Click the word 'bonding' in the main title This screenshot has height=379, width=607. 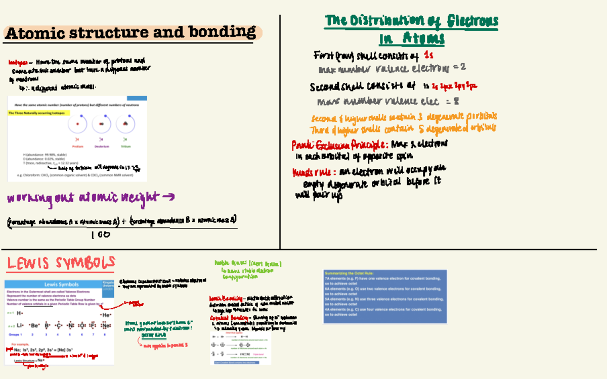click(x=226, y=32)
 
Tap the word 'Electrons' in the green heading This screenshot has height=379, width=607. click(x=472, y=21)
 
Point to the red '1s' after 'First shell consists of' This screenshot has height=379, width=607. click(x=428, y=55)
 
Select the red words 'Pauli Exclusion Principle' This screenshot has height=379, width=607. click(x=339, y=145)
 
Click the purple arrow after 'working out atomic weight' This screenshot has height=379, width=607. click(x=169, y=197)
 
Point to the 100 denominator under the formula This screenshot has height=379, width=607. click(x=101, y=234)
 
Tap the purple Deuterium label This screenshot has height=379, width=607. click(x=101, y=147)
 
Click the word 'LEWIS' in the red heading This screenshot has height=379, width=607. click(x=28, y=263)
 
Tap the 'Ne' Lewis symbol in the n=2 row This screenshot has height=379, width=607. click(x=106, y=325)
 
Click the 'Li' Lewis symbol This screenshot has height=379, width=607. click(x=21, y=325)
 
